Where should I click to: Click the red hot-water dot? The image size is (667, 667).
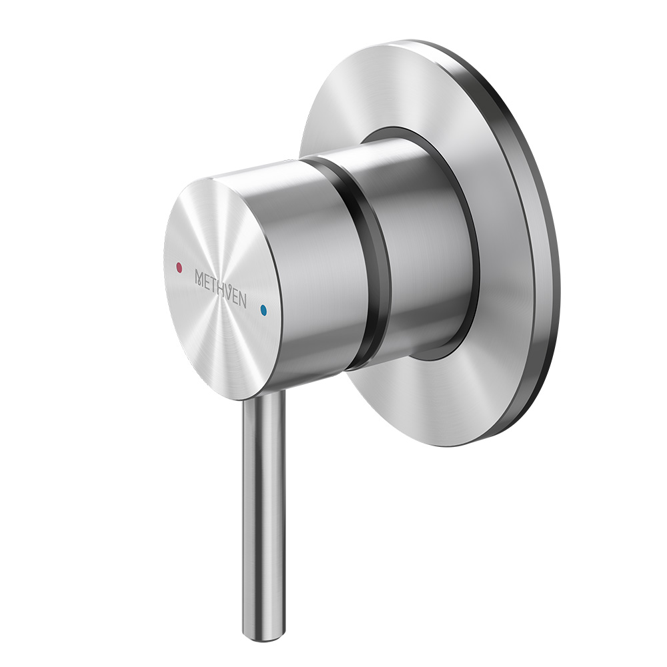(177, 267)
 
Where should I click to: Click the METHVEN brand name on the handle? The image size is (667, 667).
(220, 289)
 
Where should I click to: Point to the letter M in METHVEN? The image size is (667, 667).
(199, 277)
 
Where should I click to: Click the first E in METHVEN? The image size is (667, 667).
(207, 281)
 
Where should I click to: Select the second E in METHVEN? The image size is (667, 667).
(237, 297)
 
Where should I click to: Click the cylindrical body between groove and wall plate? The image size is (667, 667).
(420, 253)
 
